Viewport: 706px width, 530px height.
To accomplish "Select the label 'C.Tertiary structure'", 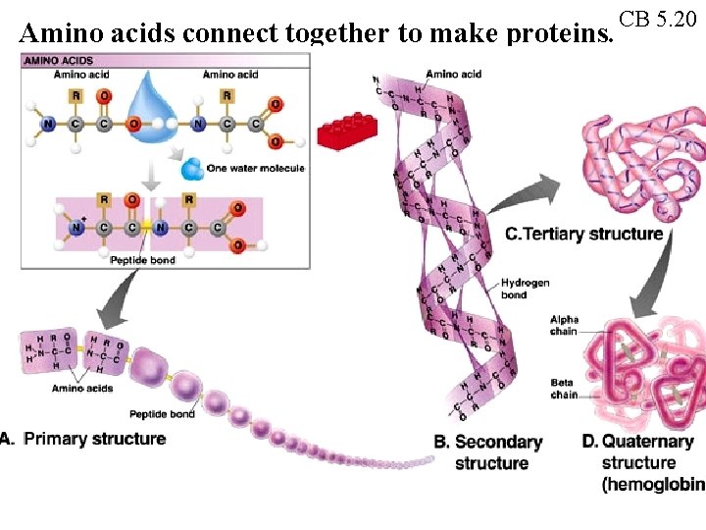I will coord(584,234).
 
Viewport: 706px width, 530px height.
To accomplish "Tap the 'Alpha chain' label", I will coord(564,326).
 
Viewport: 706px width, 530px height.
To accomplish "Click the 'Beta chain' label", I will coord(563,389).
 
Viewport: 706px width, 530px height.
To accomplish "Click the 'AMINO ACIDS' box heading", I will coord(58,60).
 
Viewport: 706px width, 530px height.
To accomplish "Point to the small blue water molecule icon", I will coord(192,170).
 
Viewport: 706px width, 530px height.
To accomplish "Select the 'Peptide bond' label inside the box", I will coord(142,260).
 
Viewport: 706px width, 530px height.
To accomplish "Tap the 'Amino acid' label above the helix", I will coord(454,75).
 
